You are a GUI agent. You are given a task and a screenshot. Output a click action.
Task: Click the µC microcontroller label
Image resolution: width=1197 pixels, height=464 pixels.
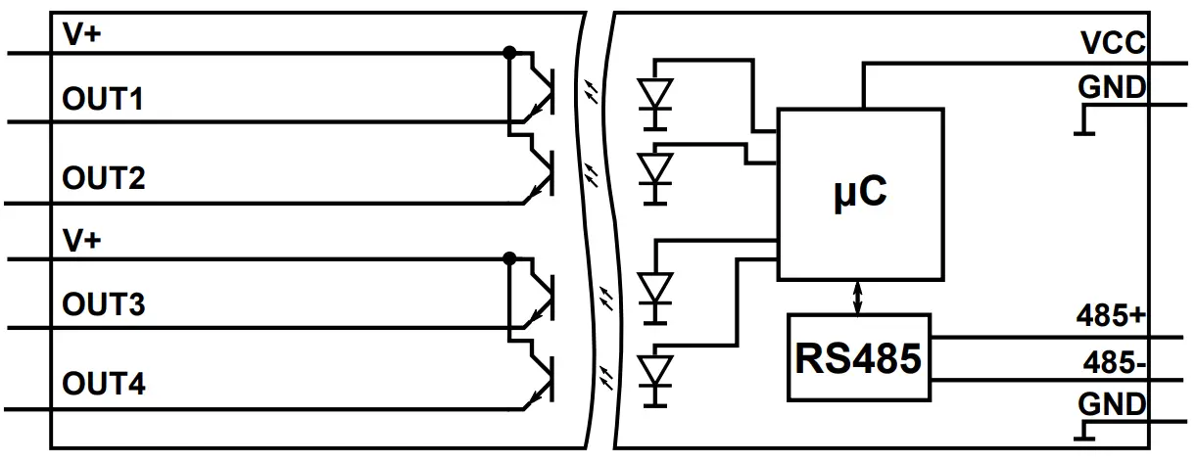pos(860,192)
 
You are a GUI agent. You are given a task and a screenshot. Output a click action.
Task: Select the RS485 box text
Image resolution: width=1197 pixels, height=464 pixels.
pos(858,358)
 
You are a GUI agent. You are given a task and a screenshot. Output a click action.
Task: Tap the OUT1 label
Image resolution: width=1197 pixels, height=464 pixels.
pos(104,100)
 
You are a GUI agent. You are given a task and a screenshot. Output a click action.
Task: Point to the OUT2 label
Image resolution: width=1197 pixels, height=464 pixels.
pos(104,179)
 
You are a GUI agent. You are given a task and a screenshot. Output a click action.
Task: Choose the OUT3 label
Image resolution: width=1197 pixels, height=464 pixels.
pos(104,305)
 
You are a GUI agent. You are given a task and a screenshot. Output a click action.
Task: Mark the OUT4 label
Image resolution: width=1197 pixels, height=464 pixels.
pos(104,384)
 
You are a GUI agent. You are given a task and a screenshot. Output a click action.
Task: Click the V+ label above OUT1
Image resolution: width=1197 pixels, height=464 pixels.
pos(82,36)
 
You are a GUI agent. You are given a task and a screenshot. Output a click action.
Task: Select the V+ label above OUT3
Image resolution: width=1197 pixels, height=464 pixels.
pos(82,241)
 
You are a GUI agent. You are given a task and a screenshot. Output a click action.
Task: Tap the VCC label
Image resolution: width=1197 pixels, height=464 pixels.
pos(1113,44)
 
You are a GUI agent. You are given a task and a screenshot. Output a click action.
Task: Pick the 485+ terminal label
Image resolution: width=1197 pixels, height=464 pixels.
pos(1111,316)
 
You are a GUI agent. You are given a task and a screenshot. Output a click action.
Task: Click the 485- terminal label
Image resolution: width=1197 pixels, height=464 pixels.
pos(1115,362)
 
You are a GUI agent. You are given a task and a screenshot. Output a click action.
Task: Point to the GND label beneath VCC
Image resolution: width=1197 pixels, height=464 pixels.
pos(1112,87)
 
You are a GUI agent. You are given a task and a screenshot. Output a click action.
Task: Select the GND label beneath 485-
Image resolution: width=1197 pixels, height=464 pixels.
pos(1112,404)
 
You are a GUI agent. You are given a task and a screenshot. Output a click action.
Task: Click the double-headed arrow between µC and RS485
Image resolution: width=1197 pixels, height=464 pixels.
pos(859,297)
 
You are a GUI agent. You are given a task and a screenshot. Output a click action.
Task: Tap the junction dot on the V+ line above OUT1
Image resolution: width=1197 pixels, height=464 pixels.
pos(508,53)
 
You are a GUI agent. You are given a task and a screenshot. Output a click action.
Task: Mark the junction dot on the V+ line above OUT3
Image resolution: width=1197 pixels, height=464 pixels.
pos(508,258)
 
